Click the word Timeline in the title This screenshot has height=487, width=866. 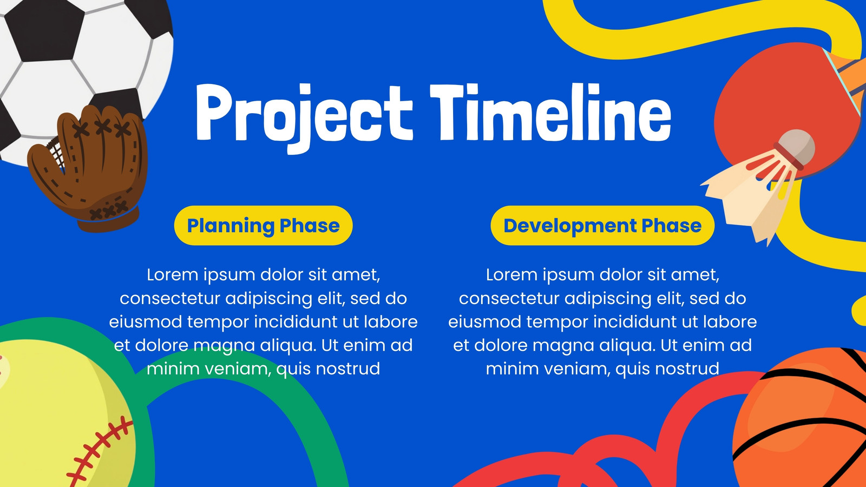tap(550, 112)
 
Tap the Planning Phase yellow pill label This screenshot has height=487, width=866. tap(263, 225)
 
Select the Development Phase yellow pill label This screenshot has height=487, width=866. tap(602, 225)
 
